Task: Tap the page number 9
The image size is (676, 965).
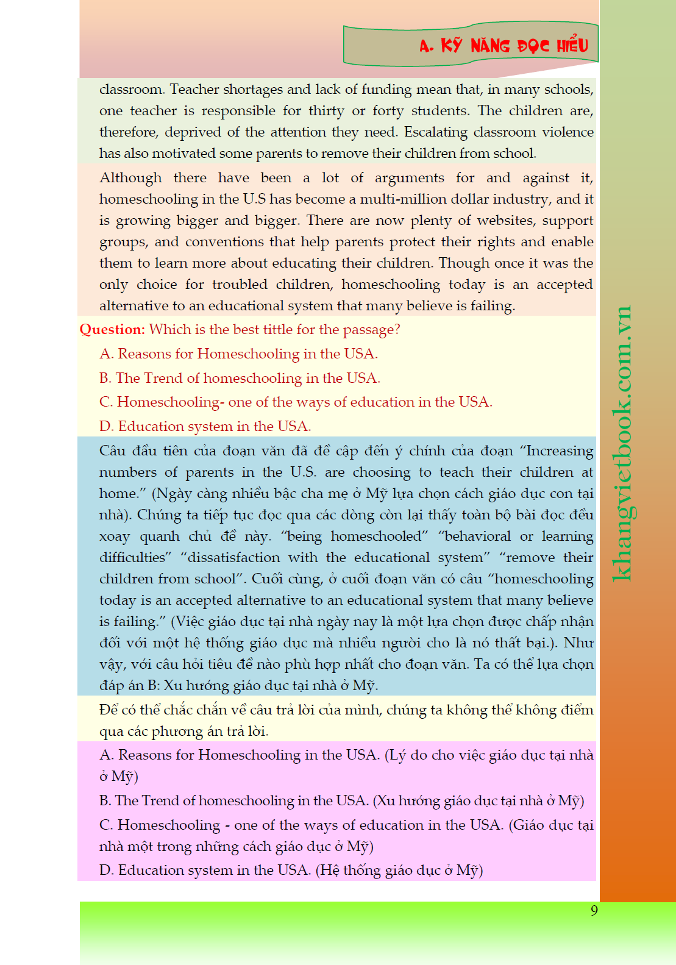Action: (594, 910)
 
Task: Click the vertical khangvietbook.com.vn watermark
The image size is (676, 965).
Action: (622, 443)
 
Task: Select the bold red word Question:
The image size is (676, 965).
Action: (112, 330)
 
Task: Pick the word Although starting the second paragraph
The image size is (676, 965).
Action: (130, 178)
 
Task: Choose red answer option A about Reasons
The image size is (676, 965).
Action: (238, 354)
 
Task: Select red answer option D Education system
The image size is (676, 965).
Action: (205, 426)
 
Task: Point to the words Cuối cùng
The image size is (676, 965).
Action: (286, 579)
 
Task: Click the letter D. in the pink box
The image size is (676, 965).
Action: (107, 871)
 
